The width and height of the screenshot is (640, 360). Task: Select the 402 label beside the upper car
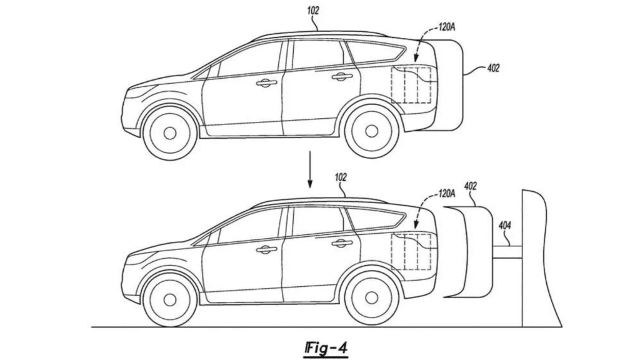click(x=493, y=68)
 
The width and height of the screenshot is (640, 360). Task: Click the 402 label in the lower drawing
click(x=471, y=186)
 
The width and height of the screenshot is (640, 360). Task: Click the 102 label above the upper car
click(x=314, y=11)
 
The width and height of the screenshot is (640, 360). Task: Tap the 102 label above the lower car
click(x=341, y=177)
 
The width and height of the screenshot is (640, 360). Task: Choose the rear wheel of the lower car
click(x=371, y=298)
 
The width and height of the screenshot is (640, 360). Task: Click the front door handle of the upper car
click(x=266, y=82)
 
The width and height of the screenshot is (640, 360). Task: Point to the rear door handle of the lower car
click(x=342, y=244)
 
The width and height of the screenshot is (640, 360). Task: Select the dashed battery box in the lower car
click(x=411, y=251)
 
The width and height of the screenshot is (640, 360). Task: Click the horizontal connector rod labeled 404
click(x=506, y=251)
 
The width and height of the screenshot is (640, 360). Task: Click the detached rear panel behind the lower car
click(x=467, y=252)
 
